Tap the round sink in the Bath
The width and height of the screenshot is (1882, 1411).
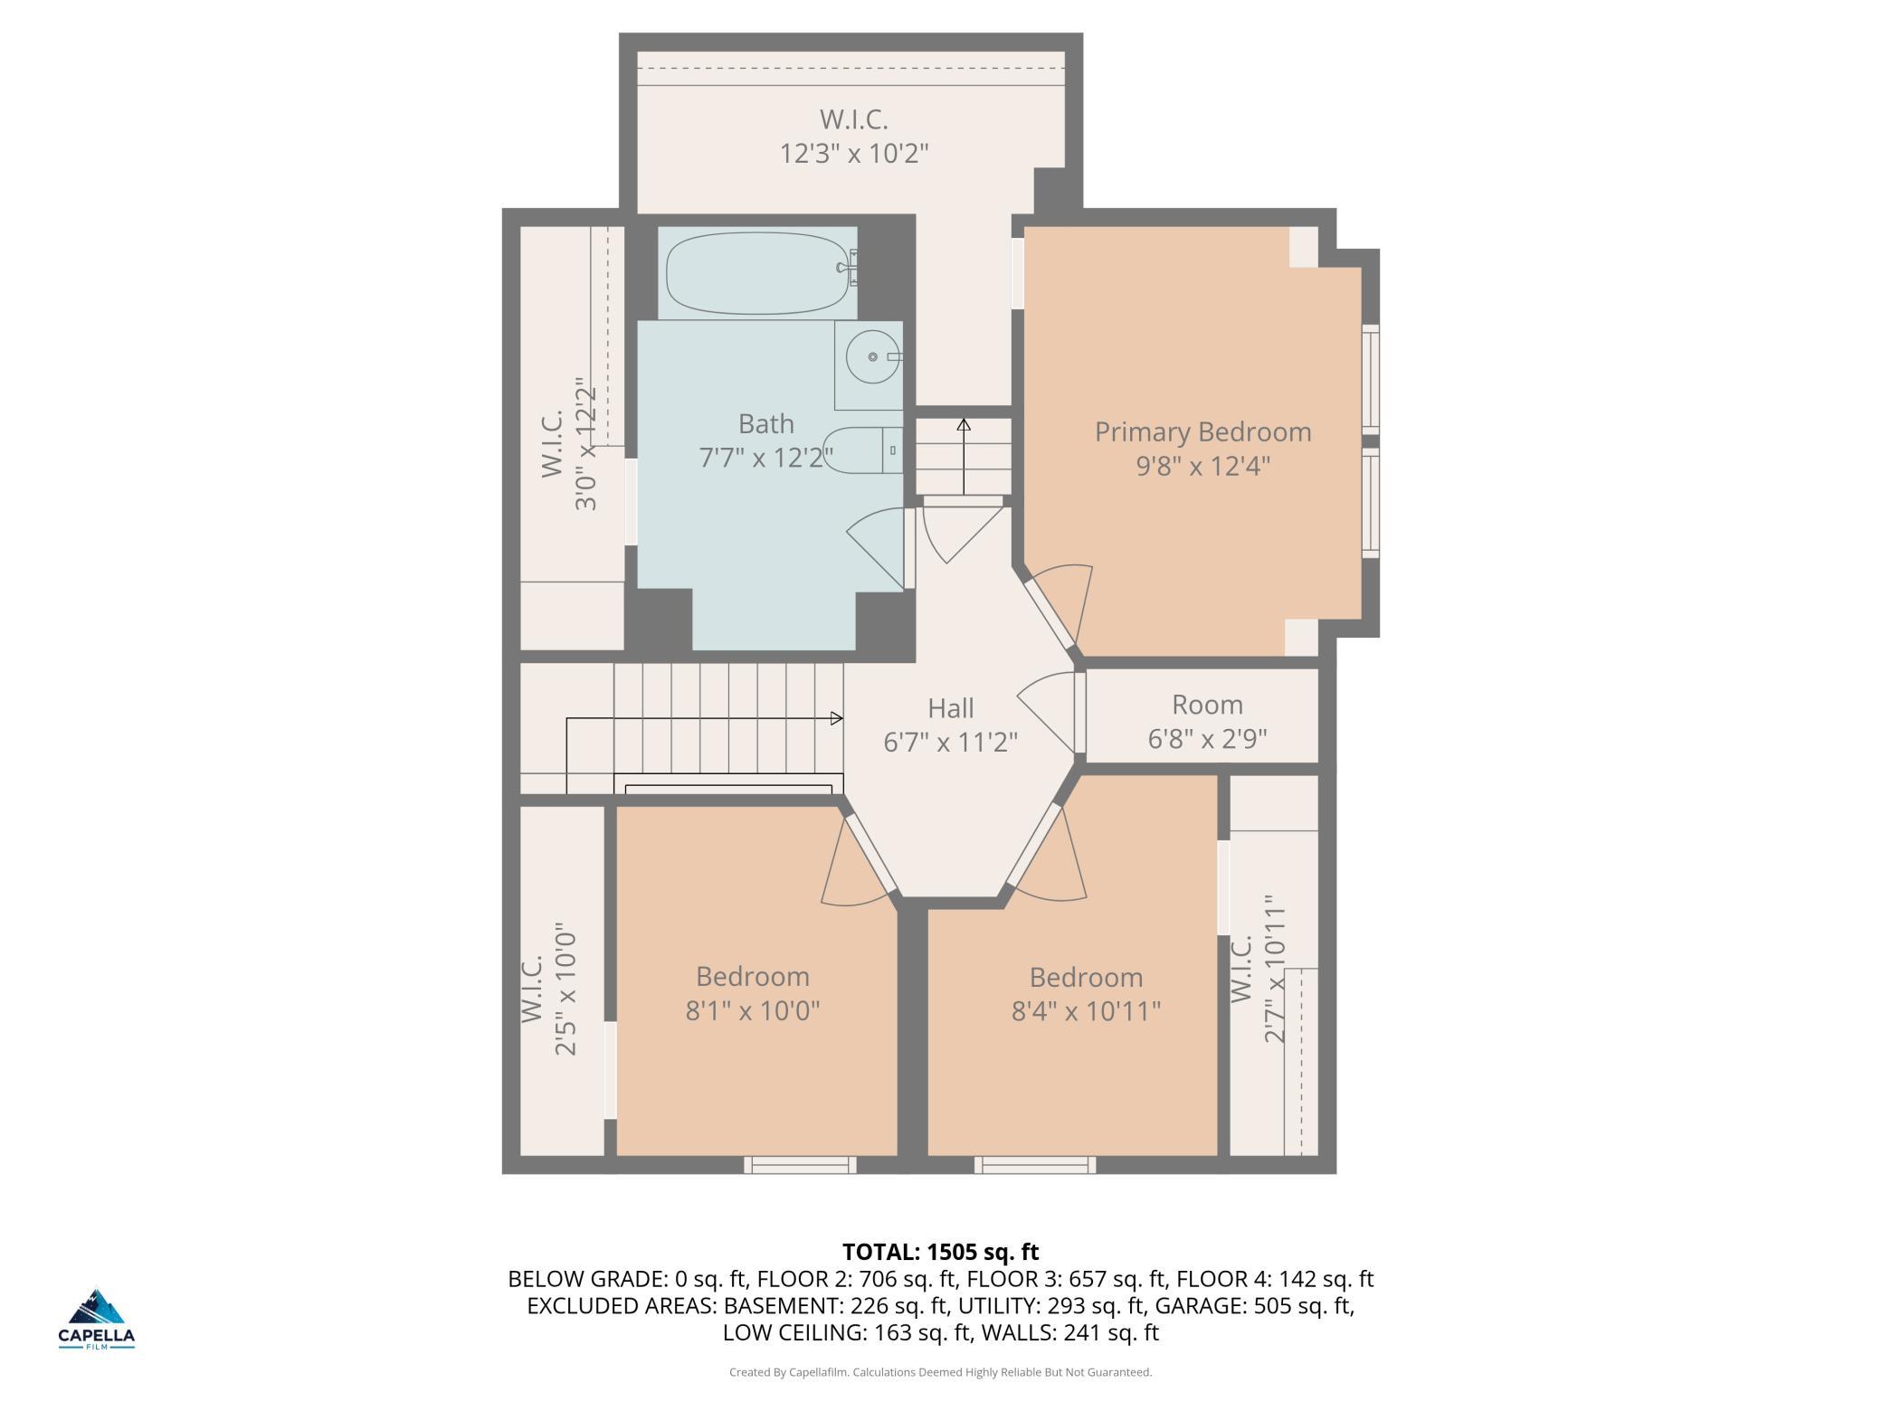click(x=873, y=356)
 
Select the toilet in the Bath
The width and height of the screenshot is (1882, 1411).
click(x=862, y=450)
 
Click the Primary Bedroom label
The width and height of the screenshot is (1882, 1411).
click(x=1202, y=431)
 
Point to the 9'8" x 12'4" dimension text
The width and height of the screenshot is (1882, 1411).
click(x=1203, y=466)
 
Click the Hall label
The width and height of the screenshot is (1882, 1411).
click(x=951, y=707)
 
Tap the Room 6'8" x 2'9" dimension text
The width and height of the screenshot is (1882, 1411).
click(x=1207, y=739)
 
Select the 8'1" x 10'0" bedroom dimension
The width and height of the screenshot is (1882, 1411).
click(x=753, y=1010)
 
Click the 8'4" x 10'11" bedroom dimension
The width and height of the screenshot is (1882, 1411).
click(x=1086, y=1010)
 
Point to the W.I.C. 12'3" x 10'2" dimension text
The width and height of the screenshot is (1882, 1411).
click(x=854, y=153)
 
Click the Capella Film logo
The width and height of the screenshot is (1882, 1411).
click(x=97, y=1319)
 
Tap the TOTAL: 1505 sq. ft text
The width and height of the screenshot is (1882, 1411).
click(x=941, y=1252)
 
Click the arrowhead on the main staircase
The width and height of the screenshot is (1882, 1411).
click(x=837, y=718)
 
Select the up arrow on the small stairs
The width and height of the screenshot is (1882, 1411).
click(x=964, y=457)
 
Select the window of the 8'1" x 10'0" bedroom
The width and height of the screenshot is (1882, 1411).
click(x=800, y=1165)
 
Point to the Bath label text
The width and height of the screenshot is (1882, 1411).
click(x=766, y=423)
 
